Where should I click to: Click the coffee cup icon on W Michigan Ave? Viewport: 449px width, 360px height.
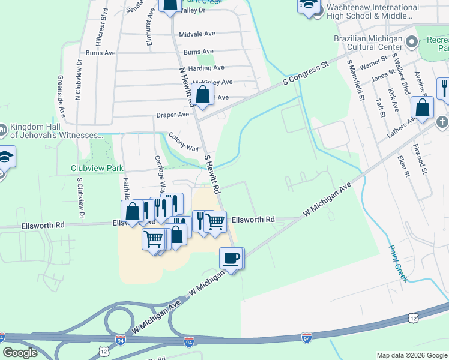click(231, 259)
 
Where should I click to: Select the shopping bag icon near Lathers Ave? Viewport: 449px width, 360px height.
click(423, 108)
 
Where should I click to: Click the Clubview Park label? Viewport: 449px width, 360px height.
click(97, 169)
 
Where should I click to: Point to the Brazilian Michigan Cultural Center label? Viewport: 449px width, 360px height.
click(368, 42)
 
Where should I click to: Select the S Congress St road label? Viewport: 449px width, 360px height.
click(306, 71)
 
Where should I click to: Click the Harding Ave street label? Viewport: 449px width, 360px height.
click(206, 68)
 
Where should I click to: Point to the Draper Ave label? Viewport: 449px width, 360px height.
click(173, 115)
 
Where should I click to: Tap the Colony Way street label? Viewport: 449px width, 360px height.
click(184, 143)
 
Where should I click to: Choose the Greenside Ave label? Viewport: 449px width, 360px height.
click(61, 95)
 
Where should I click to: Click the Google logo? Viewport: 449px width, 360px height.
click(20, 353)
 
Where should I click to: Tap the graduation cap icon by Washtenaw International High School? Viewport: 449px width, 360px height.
click(308, 5)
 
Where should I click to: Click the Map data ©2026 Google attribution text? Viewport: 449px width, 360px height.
click(412, 355)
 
